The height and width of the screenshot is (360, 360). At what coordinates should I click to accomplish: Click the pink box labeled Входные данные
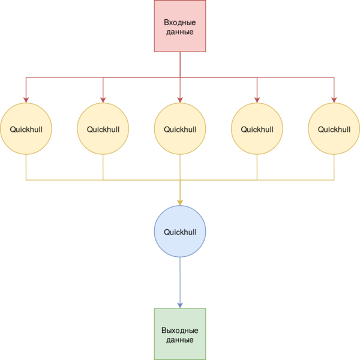tap(180, 26)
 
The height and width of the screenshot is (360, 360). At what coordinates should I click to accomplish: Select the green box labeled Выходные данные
tap(180, 334)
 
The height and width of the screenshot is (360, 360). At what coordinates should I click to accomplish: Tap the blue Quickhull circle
tap(180, 231)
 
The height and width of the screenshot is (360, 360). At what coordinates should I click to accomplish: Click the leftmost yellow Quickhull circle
tap(26, 128)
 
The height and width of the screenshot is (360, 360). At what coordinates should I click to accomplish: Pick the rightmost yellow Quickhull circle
tap(334, 128)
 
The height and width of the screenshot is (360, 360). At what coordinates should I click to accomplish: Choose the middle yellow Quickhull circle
tap(180, 128)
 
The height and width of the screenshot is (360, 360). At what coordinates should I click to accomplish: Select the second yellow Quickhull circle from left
tap(103, 128)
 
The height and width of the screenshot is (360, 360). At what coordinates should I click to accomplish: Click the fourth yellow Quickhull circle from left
tap(257, 128)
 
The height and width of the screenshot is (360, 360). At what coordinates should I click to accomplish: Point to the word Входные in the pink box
tap(180, 23)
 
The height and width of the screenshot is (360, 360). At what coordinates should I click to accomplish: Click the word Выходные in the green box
tap(180, 331)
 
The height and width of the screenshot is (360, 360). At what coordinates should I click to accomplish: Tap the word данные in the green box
tap(180, 340)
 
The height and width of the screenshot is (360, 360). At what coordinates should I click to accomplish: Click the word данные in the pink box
tap(180, 32)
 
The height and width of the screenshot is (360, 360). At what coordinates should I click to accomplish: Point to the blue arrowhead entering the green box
tap(180, 305)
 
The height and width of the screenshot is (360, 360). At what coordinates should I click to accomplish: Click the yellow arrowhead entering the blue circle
tap(180, 203)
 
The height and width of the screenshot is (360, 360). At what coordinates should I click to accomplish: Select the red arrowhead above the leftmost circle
tap(26, 100)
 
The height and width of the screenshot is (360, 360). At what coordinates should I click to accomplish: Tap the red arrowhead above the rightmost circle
tap(334, 100)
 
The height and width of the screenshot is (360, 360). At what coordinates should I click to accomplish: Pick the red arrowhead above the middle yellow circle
tap(180, 100)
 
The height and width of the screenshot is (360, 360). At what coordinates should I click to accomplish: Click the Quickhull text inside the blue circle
tap(180, 232)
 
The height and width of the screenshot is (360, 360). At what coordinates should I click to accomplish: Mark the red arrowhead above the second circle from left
tap(103, 100)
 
